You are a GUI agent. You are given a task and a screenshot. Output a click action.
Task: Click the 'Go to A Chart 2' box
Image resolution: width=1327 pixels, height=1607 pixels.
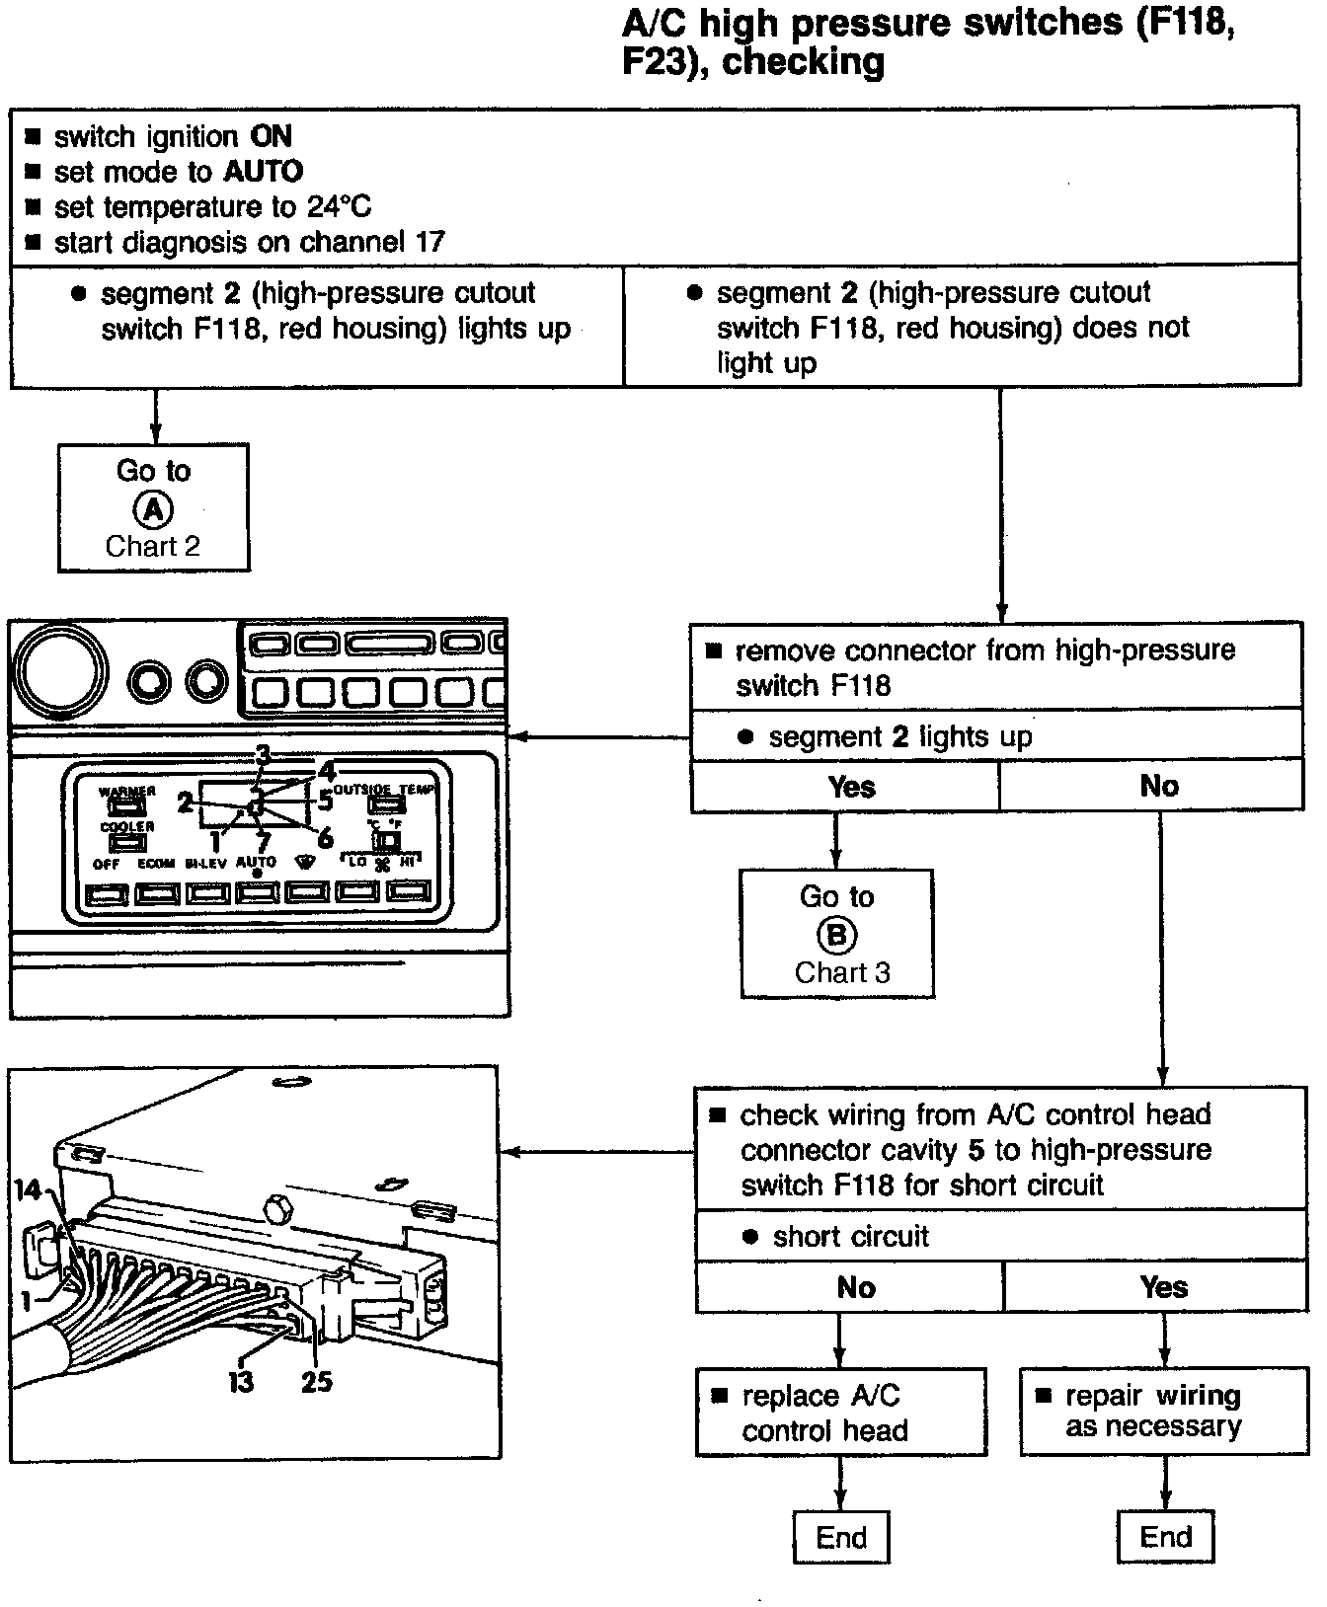pos(153,507)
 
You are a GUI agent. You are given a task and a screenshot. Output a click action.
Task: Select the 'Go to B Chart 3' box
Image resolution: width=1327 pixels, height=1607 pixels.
pos(836,934)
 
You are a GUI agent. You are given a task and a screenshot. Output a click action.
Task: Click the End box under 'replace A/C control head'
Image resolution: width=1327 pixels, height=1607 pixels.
pos(841,1537)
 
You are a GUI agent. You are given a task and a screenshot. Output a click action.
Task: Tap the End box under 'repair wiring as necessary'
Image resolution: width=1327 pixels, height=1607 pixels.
pos(1165,1536)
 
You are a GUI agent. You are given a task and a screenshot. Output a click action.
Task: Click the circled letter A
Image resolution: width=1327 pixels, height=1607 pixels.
pos(153,508)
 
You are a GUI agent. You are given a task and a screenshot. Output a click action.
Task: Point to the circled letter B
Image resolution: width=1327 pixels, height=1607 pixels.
pos(836,935)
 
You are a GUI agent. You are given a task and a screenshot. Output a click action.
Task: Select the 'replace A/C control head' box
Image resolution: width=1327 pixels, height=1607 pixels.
pos(840,1412)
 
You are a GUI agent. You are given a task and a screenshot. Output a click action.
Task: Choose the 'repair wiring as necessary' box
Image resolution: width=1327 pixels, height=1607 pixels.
pos(1164,1411)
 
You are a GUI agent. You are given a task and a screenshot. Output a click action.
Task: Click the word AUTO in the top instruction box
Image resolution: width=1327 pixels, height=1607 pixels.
pos(263,172)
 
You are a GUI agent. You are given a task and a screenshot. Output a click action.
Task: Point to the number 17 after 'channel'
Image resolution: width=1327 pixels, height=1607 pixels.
pos(429,242)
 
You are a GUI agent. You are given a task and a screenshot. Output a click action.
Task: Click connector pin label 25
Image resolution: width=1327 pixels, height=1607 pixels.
pos(316,1381)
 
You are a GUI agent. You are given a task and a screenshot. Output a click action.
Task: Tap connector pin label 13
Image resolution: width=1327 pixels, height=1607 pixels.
pos(241,1381)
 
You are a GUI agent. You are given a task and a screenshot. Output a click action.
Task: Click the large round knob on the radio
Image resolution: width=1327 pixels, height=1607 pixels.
pos(65,674)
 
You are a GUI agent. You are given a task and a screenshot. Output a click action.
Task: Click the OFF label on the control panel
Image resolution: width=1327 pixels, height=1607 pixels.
pos(106,864)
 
